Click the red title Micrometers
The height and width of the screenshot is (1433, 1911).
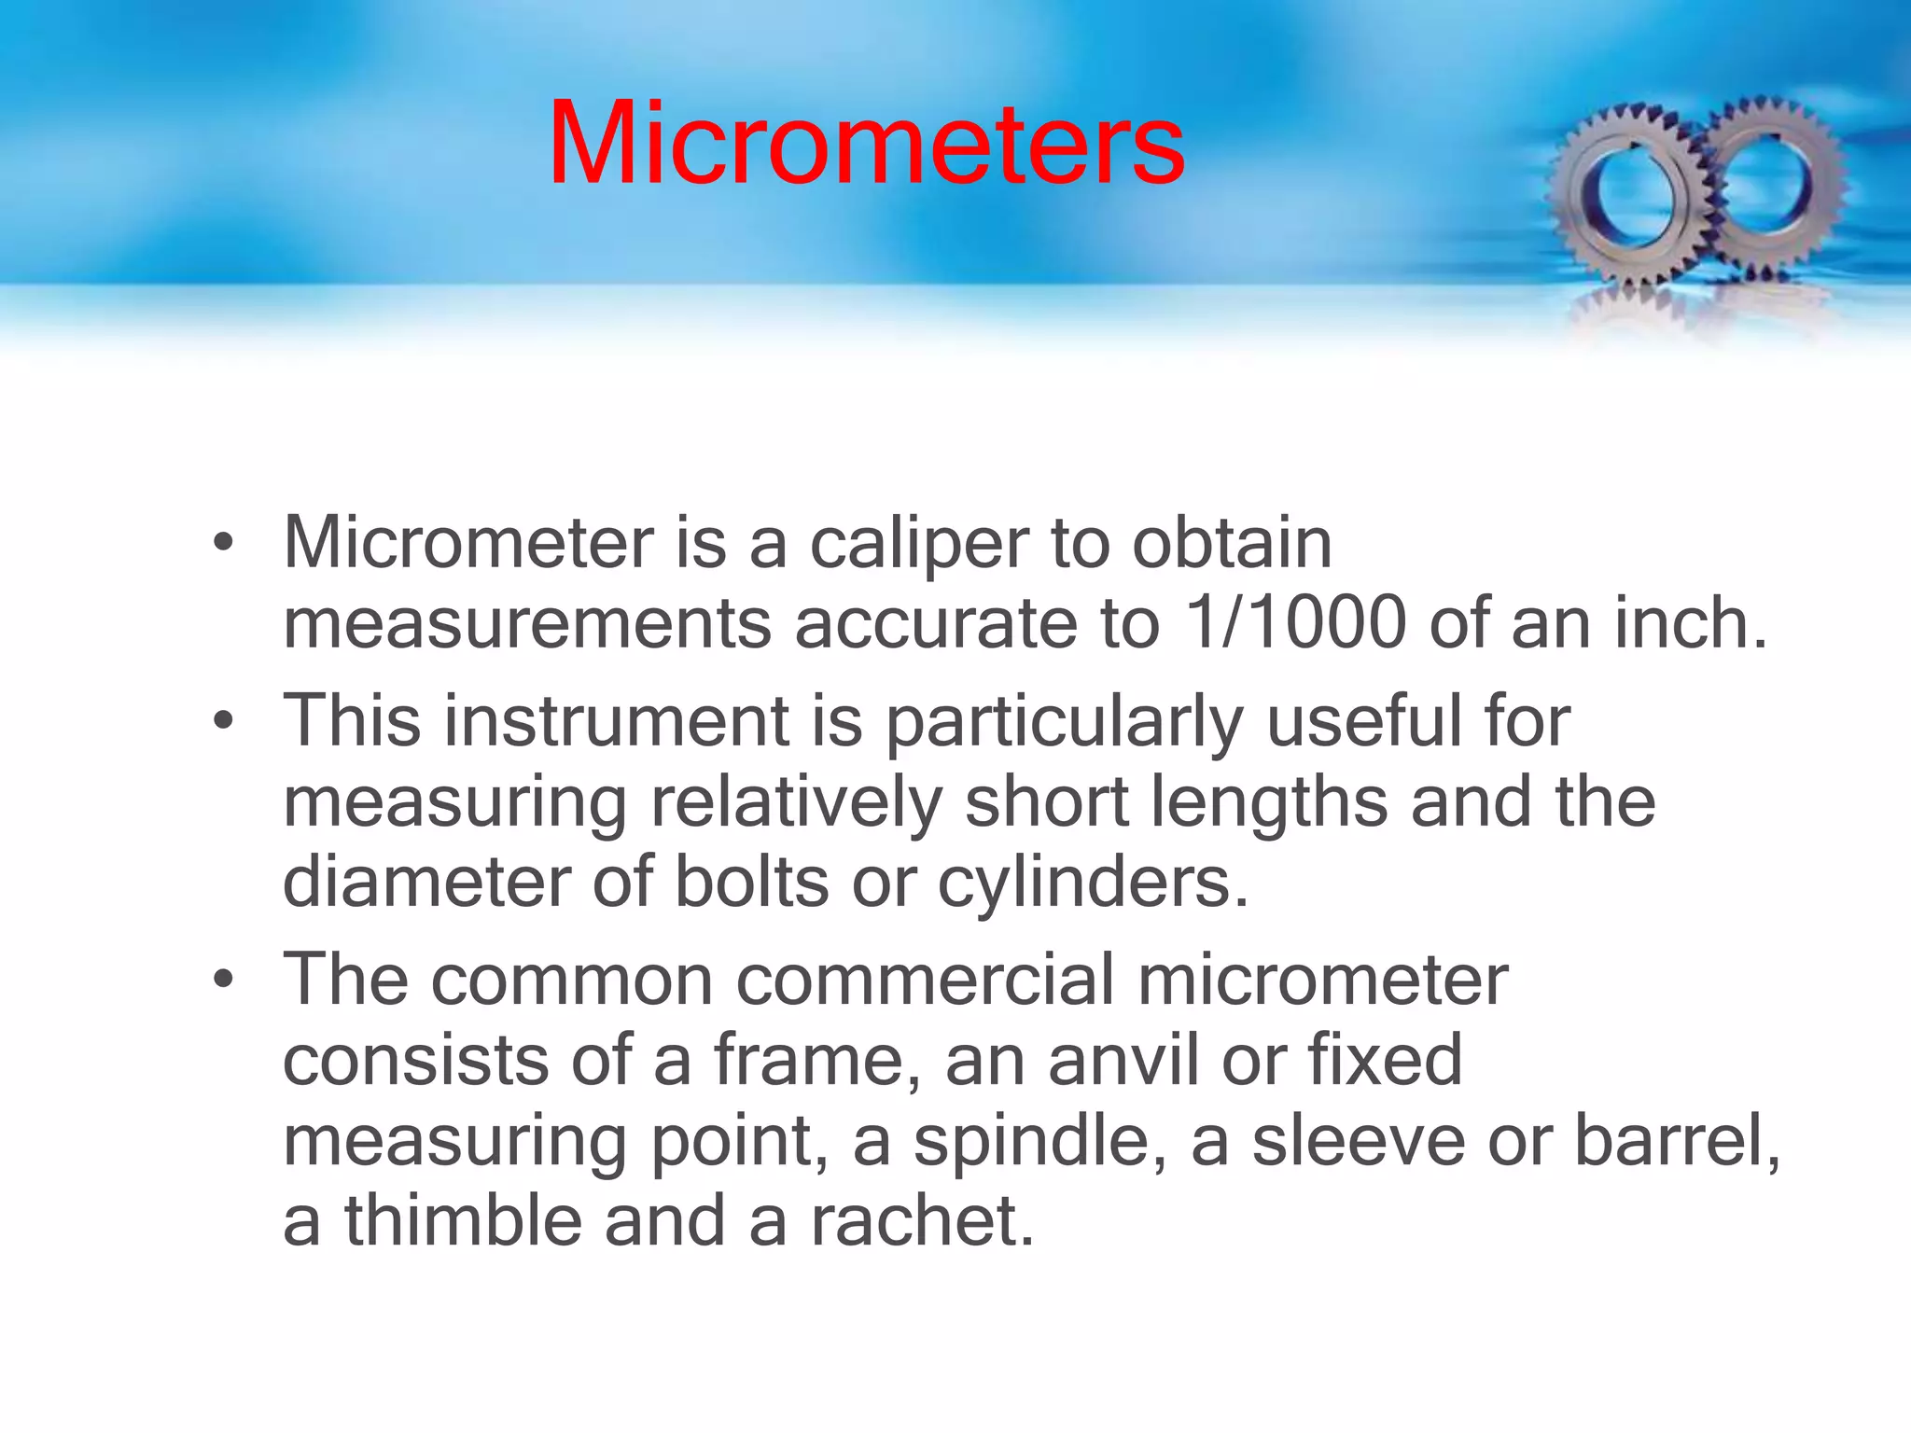[x=866, y=145]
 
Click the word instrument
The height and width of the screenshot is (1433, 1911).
[x=616, y=721]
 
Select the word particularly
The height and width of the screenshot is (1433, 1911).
[x=1064, y=723]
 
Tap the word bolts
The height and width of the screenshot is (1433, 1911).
[x=751, y=882]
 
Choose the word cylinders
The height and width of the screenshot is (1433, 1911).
[x=1092, y=883]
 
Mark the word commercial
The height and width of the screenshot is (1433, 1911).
[x=925, y=980]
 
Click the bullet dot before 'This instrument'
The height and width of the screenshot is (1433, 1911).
[x=222, y=721]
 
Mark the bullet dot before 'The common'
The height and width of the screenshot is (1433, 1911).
[x=222, y=981]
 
